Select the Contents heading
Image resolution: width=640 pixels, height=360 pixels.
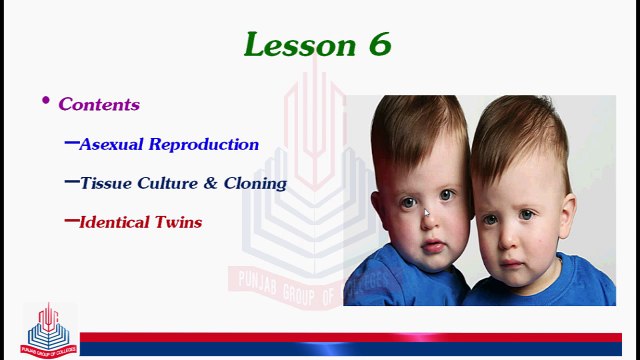pyautogui.click(x=99, y=104)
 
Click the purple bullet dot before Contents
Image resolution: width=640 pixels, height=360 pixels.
pyautogui.click(x=45, y=101)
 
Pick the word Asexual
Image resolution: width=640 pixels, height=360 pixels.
pyautogui.click(x=113, y=144)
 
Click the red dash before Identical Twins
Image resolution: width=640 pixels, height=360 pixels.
pyautogui.click(x=71, y=221)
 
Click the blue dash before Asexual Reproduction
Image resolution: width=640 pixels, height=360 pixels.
pyautogui.click(x=71, y=143)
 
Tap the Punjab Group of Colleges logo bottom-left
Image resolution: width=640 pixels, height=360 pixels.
pyautogui.click(x=50, y=327)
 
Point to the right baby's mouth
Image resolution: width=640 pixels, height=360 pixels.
pyautogui.click(x=511, y=262)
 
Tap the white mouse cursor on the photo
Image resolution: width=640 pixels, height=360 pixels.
pyautogui.click(x=427, y=212)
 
